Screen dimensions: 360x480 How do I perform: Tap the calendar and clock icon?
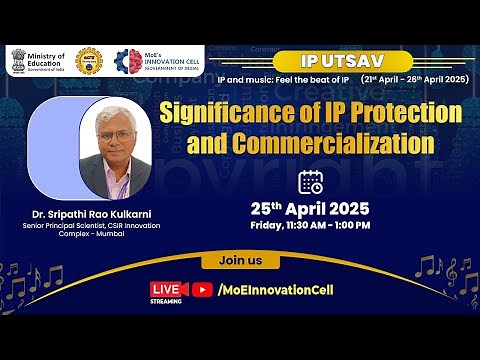(311, 182)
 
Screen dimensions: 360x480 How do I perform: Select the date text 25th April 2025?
(310, 209)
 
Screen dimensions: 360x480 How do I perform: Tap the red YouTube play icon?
(203, 290)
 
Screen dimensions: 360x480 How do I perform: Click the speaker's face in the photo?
(118, 134)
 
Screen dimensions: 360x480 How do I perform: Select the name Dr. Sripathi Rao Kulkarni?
(91, 212)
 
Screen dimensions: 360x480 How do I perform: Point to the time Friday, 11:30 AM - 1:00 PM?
(310, 226)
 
